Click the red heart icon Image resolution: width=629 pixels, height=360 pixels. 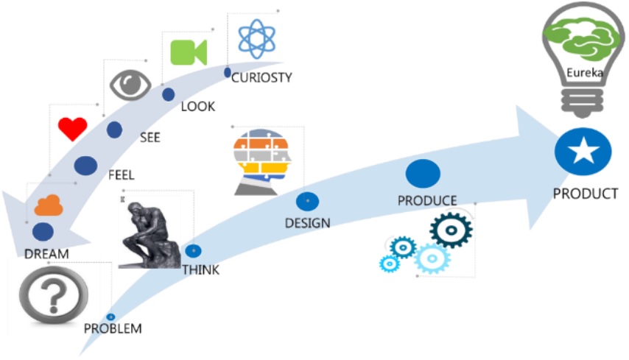click(x=72, y=129)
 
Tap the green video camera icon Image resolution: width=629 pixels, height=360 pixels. click(x=189, y=52)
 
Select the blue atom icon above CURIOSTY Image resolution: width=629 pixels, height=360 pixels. click(x=256, y=38)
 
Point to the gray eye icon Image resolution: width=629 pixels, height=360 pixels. click(x=130, y=85)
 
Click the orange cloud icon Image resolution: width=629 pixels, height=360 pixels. click(x=49, y=206)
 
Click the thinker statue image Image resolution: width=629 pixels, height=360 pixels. click(x=150, y=233)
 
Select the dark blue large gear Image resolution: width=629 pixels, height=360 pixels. click(x=450, y=231)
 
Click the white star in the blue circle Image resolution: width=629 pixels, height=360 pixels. click(x=584, y=152)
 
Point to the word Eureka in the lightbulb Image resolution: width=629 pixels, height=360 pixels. click(x=581, y=73)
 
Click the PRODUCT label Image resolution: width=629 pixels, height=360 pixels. click(x=585, y=194)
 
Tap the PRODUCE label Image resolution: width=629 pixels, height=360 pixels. click(x=427, y=200)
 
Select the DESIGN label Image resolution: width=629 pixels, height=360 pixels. click(x=307, y=222)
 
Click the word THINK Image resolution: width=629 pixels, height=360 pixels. click(x=200, y=270)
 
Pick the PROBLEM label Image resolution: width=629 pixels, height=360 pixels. click(x=113, y=328)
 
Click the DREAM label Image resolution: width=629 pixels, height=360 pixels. click(x=46, y=254)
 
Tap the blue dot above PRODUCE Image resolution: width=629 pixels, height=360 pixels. click(x=423, y=174)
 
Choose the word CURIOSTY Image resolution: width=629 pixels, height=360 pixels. click(x=261, y=77)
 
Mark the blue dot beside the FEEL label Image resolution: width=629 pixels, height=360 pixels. click(x=85, y=166)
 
